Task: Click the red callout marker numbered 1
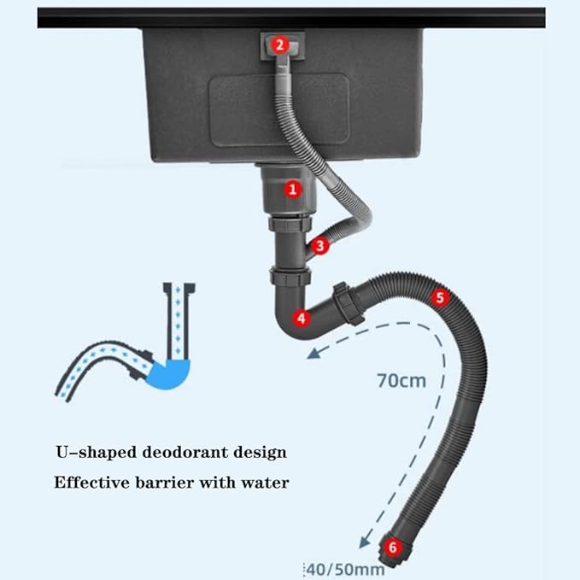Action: coord(293,190)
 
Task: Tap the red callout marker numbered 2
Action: coord(279,45)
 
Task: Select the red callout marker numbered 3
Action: coord(320,246)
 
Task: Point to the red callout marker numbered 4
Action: coord(302,318)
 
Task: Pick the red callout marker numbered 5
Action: coord(439,297)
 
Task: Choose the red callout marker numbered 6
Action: coord(392,547)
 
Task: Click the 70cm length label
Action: coord(401,381)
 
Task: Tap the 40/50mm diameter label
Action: coord(346,570)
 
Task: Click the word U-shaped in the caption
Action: coord(97,453)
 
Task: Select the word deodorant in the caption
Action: coord(185,452)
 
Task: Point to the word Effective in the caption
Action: coord(91,483)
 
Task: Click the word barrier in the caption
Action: coord(165,483)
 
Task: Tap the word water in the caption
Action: coord(265,483)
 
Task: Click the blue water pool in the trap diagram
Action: coord(169,374)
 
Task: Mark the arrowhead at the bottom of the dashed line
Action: coord(364,542)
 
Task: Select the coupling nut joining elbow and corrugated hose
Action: coord(348,303)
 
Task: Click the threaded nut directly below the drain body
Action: coord(290,224)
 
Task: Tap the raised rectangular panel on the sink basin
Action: coord(279,109)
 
